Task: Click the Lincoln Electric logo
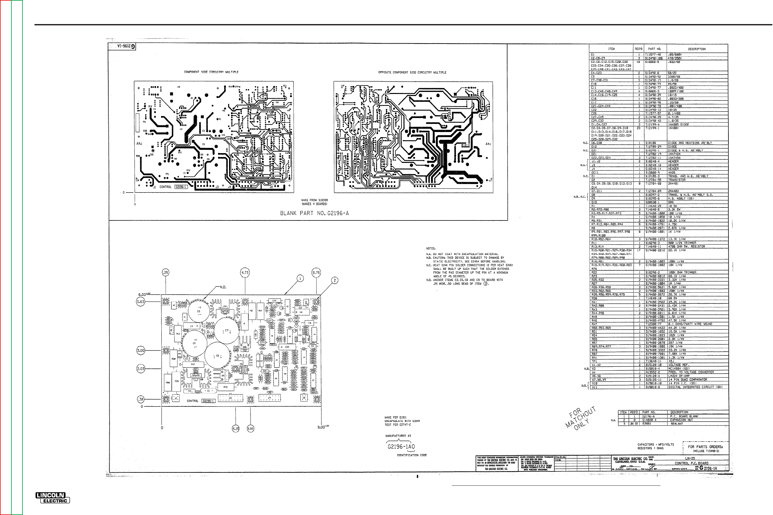click(53, 498)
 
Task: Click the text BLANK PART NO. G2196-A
click(314, 213)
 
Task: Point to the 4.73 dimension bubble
click(245, 272)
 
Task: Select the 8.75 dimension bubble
click(316, 272)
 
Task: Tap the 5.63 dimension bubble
click(141, 301)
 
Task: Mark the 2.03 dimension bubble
click(141, 369)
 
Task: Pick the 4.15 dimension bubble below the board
click(236, 429)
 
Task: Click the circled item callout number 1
click(300, 279)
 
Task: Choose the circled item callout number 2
click(334, 280)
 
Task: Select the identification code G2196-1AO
click(401, 447)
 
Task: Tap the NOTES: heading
click(431, 249)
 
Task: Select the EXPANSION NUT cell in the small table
click(679, 420)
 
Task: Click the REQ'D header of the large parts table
click(638, 49)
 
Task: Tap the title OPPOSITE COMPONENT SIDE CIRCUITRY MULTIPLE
click(412, 72)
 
